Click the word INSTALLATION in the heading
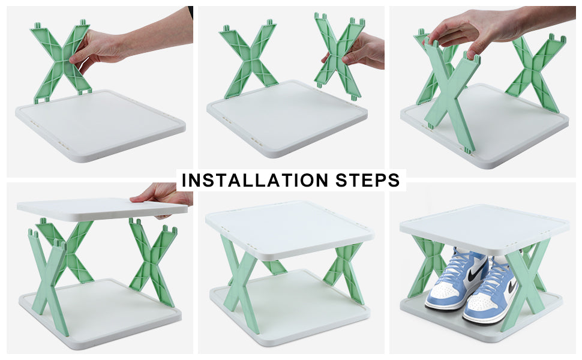[255, 180]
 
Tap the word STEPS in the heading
[367, 180]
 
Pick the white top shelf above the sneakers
[484, 227]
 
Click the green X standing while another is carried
[248, 59]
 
